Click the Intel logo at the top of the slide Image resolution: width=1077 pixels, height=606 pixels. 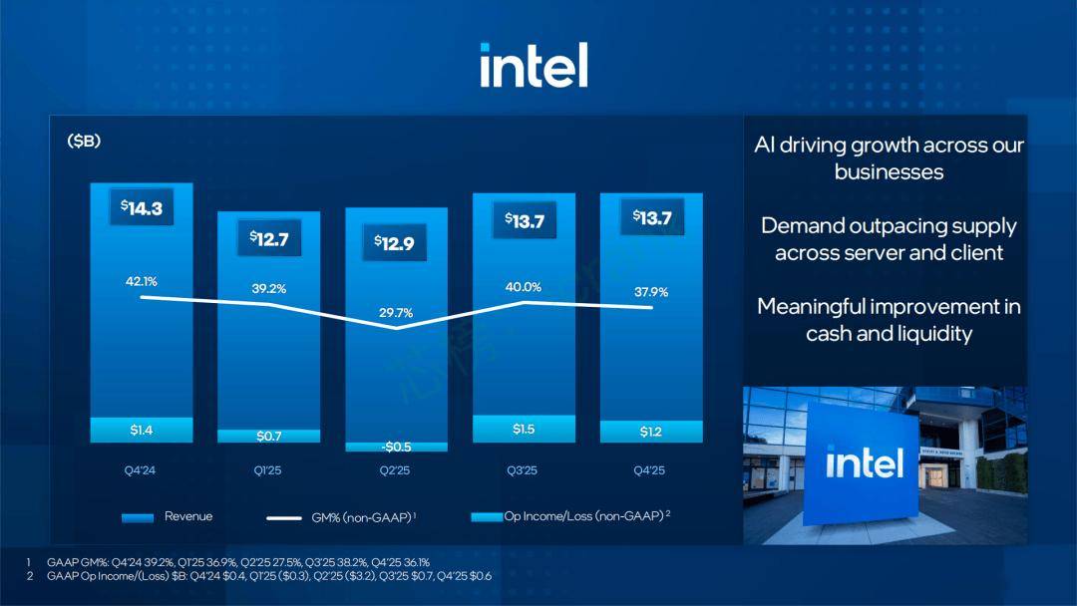coord(534,65)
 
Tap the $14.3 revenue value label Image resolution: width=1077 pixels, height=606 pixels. coord(141,208)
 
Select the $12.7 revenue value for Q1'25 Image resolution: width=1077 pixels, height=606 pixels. coord(268,239)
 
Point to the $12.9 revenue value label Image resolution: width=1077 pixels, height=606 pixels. coord(394,242)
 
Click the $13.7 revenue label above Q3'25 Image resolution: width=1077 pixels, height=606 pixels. coord(524,220)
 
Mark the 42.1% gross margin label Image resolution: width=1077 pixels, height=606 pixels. coord(141,281)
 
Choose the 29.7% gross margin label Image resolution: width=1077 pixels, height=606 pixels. coord(396,313)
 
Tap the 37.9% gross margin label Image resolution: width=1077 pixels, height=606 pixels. coord(651,292)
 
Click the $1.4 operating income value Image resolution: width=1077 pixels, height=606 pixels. coord(141,431)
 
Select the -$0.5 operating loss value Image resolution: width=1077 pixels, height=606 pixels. coord(396,447)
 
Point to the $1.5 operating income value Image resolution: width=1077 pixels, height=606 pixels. coord(524,430)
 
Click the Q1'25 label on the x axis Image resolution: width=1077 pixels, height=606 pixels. coord(268,470)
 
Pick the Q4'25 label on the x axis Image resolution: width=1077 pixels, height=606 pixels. coord(651,470)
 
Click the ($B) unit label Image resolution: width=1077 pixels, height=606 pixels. coord(84,142)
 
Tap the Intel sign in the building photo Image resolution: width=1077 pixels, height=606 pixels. coord(864,462)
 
